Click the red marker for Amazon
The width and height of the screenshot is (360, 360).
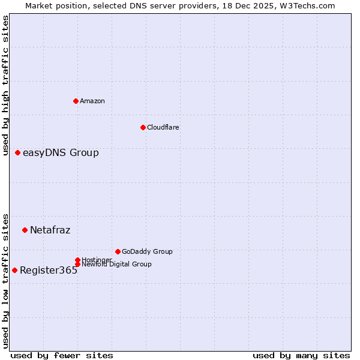(76, 101)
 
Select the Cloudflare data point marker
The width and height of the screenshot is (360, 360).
(143, 127)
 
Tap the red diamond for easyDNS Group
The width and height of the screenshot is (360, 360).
(17, 152)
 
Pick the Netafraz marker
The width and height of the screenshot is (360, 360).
(25, 230)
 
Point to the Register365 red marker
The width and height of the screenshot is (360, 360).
(14, 270)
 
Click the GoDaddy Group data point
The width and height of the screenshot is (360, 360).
(118, 251)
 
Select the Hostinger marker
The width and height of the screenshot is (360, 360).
(77, 260)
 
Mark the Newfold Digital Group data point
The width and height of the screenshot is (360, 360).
(77, 265)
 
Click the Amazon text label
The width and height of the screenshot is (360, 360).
(92, 101)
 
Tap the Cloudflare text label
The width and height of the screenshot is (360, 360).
(163, 127)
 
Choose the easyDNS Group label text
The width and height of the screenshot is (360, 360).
(61, 152)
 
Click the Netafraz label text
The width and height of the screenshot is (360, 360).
(50, 230)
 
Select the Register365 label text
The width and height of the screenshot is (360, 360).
(49, 270)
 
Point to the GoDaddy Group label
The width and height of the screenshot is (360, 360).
(147, 251)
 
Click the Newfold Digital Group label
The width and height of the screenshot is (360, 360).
(116, 264)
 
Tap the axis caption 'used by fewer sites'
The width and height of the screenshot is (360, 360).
(62, 356)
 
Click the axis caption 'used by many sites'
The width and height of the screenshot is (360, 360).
(301, 356)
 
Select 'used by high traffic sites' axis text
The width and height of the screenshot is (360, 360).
(6, 86)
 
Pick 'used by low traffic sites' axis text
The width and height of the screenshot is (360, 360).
(6, 280)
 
